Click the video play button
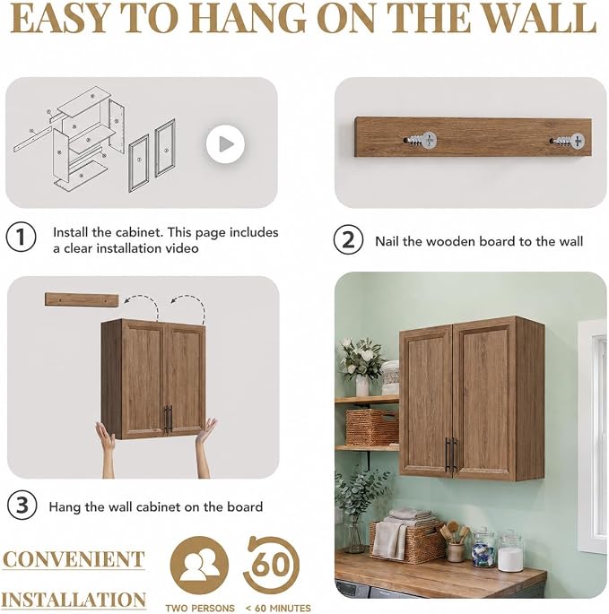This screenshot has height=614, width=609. point(225,144)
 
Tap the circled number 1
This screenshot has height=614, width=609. point(22,237)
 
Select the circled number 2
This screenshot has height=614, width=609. point(348,239)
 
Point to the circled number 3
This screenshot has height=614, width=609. point(22,506)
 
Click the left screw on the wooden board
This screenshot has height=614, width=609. point(421,140)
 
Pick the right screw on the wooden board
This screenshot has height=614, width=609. point(569,141)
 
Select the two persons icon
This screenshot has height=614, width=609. point(199,565)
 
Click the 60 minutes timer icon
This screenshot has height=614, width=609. point(271,565)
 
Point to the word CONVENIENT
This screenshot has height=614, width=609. point(74,559)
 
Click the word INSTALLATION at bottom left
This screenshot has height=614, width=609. point(74,599)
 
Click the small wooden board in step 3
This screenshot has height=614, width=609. point(82,300)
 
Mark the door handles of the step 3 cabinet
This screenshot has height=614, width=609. point(169,419)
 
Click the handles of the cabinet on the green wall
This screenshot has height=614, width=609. point(451,454)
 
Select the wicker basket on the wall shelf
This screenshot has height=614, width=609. point(371,428)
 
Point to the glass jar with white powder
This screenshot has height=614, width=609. point(510,551)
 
